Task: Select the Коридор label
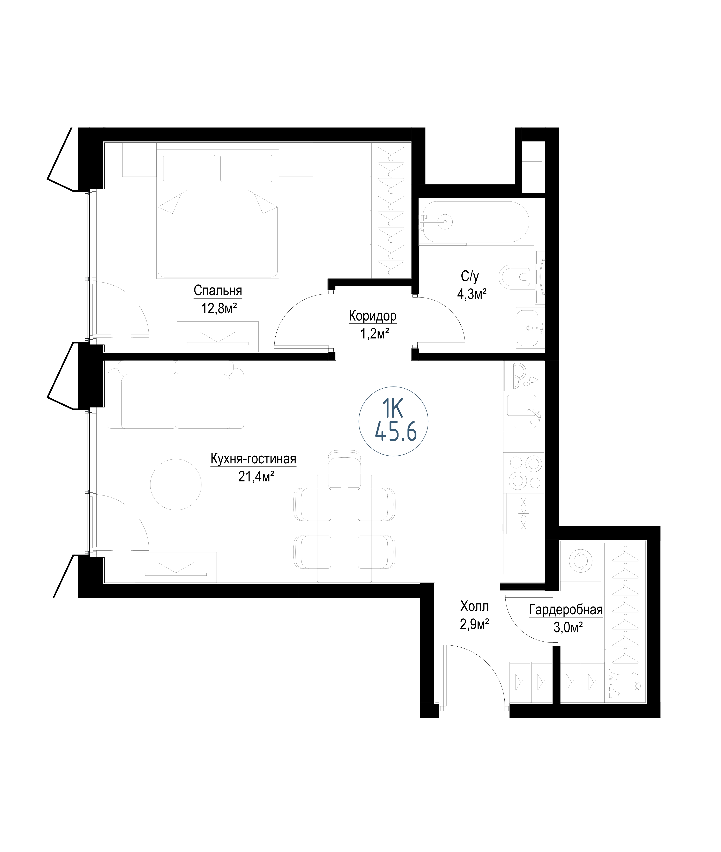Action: (373, 316)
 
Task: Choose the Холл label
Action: (475, 606)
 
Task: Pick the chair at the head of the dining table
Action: (344, 469)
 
